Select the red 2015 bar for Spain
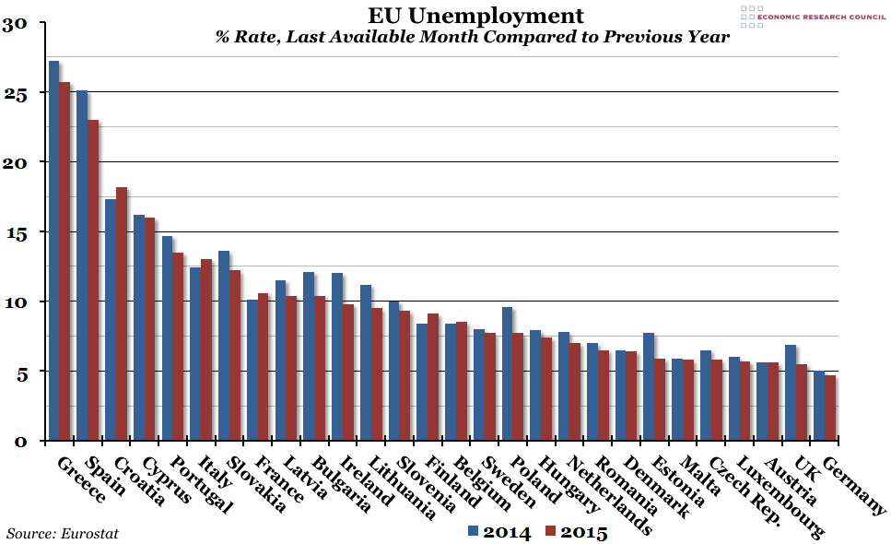[x=93, y=280]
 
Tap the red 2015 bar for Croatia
[x=121, y=313]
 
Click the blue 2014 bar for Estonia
[x=648, y=386]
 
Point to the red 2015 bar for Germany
[x=830, y=408]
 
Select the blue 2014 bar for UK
[x=790, y=393]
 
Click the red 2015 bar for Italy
[x=206, y=349]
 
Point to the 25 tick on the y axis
[x=20, y=93]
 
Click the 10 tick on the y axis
[x=20, y=302]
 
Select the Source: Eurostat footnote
[x=63, y=533]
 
